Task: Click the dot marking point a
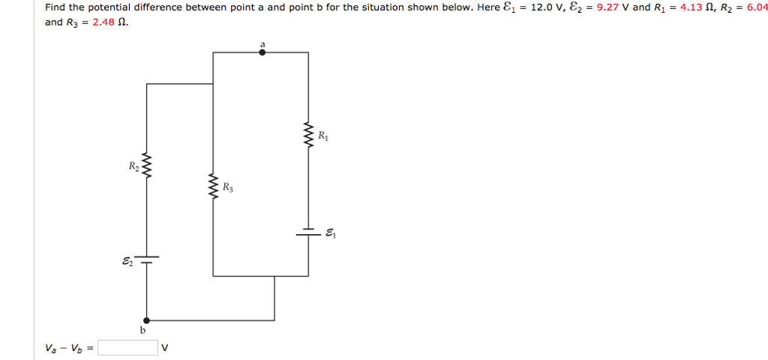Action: [x=262, y=52]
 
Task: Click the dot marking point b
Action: [x=146, y=319]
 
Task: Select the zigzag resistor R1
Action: [x=307, y=136]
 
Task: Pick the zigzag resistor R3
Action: [x=214, y=185]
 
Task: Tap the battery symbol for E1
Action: [x=307, y=232]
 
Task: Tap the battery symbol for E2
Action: [x=146, y=259]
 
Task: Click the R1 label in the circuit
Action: [x=322, y=136]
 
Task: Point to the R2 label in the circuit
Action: [x=133, y=166]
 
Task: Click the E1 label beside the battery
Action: [x=331, y=234]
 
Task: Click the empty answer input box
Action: [x=127, y=347]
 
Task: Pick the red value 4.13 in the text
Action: [x=689, y=7]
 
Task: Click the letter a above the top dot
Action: [x=262, y=44]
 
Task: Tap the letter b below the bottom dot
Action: [x=142, y=330]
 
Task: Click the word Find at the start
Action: [x=55, y=7]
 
